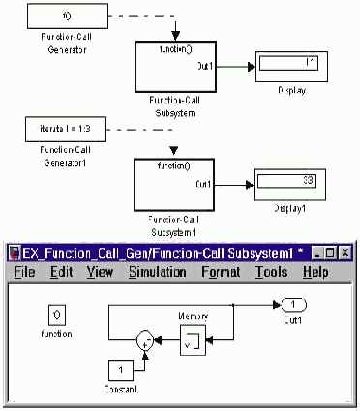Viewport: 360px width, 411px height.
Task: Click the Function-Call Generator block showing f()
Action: tap(64, 15)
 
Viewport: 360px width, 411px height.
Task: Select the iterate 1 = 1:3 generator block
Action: tap(64, 128)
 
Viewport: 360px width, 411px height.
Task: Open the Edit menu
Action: tap(61, 272)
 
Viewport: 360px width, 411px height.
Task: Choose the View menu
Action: tap(101, 272)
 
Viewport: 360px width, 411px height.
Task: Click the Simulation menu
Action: tap(158, 272)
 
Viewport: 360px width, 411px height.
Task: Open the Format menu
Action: tap(221, 272)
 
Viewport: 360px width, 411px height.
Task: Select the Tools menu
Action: tap(272, 272)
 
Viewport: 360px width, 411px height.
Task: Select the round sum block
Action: tap(146, 339)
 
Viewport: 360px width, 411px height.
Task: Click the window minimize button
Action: tap(315, 252)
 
